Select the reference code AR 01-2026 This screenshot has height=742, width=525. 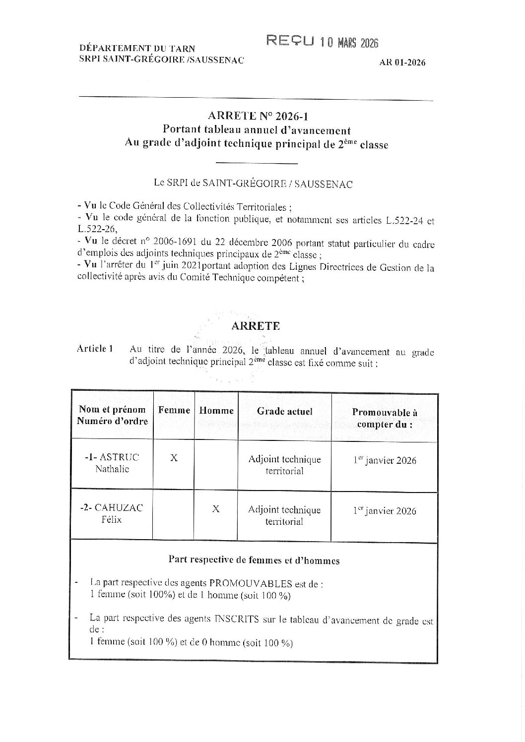click(x=402, y=62)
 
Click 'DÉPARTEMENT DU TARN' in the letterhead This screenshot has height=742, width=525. click(x=137, y=49)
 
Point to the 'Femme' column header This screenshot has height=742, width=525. click(x=174, y=411)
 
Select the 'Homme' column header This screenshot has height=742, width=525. click(x=216, y=411)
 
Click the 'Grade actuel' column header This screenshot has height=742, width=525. click(x=285, y=411)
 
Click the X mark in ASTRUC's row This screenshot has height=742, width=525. click(x=174, y=458)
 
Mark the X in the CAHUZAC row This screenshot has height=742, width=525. click(x=216, y=509)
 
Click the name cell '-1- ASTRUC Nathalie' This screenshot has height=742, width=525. click(x=112, y=463)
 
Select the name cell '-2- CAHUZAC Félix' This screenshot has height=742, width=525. click(x=112, y=513)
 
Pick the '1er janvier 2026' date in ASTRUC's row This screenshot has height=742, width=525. click(x=385, y=460)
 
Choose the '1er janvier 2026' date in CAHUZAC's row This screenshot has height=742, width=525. click(x=385, y=511)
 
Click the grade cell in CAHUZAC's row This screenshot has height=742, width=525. click(x=285, y=515)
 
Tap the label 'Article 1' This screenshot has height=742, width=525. click(x=95, y=348)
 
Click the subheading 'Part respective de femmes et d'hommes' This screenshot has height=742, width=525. click(x=254, y=560)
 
